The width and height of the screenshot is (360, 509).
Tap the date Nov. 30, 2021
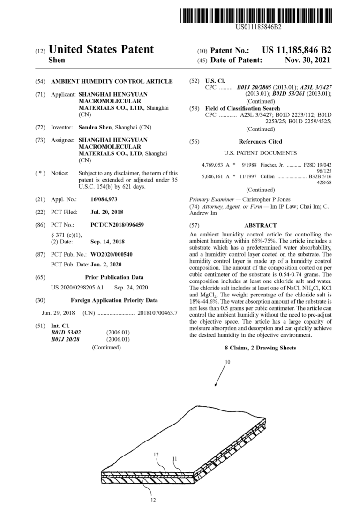(307, 60)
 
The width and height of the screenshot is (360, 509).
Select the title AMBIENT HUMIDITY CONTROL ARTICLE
(112, 81)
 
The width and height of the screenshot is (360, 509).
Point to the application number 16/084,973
(104, 199)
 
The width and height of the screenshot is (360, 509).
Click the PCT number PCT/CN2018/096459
(117, 225)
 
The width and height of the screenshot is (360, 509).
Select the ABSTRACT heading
(260, 225)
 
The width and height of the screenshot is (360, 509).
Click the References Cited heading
(260, 141)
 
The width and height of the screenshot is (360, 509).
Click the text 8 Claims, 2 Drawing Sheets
(260, 348)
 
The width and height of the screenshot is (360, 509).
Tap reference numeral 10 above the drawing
(227, 362)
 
